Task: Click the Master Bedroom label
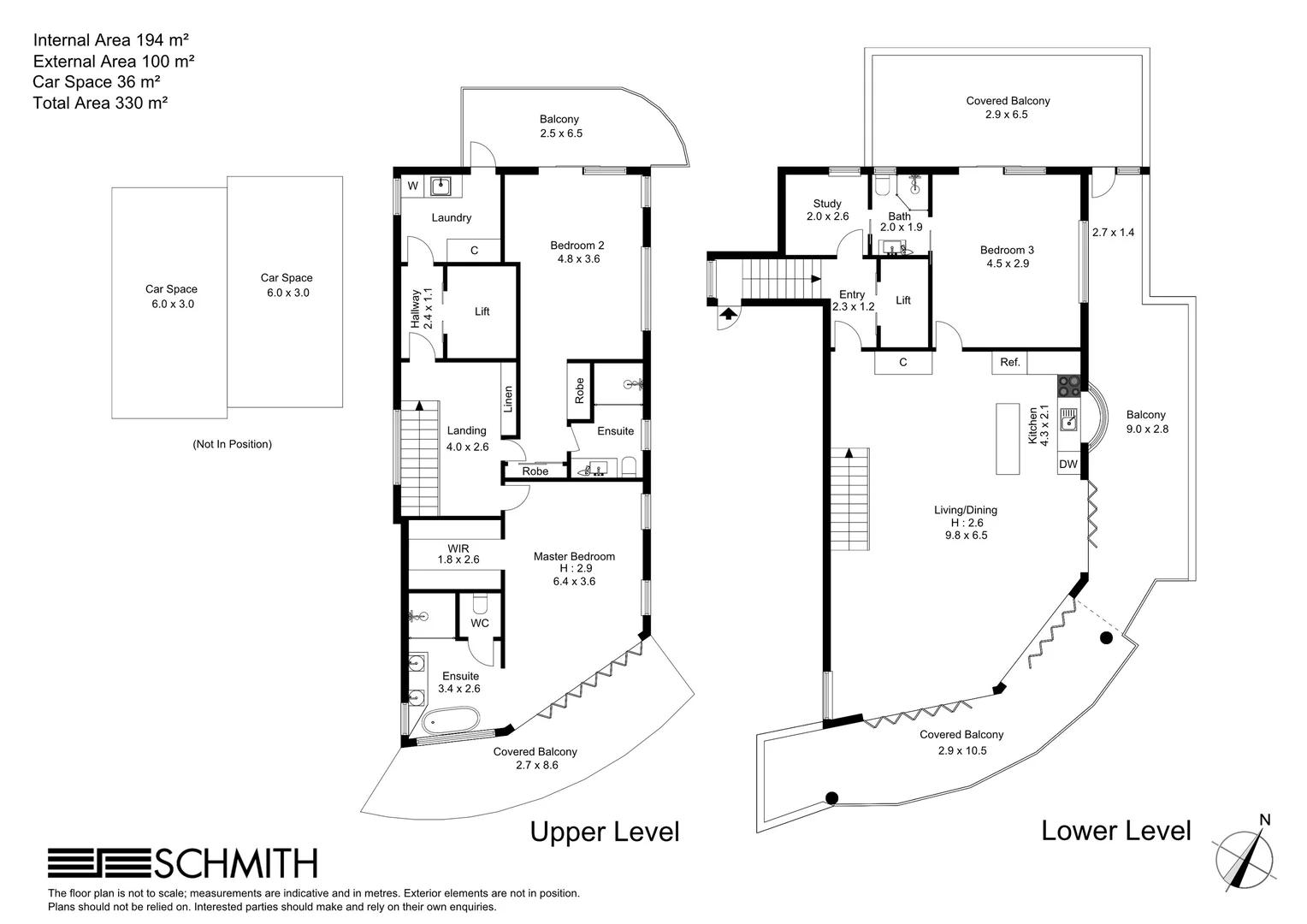pos(574,557)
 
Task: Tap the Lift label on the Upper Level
pos(482,311)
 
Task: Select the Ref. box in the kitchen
pos(1010,362)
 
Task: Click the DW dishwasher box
pos(1068,465)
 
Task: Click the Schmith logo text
pos(235,863)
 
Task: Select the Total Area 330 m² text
pos(99,103)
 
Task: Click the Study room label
pos(827,204)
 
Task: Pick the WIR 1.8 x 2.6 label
pos(458,554)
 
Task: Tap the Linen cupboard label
pos(508,399)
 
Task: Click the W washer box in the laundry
pos(412,186)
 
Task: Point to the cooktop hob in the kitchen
pos(1068,386)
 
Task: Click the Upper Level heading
pos(604,832)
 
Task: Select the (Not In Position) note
pos(232,444)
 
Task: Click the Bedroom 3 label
pos(1007,250)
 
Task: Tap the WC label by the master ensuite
pos(480,623)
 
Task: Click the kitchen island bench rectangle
pos(1008,438)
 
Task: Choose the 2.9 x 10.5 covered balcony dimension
pos(961,750)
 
